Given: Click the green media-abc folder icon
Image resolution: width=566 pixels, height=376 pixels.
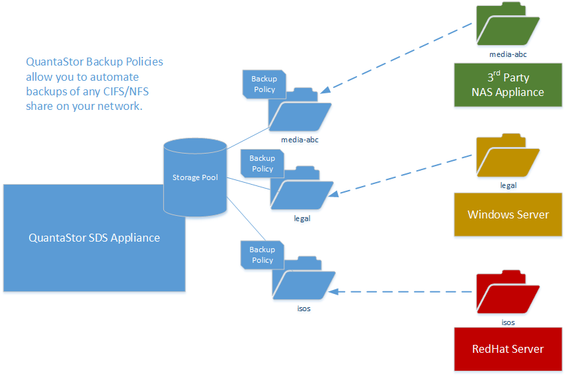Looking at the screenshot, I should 507,25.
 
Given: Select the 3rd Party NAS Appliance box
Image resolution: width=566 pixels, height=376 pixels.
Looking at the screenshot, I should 507,85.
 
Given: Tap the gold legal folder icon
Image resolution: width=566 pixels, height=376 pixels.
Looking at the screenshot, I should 507,157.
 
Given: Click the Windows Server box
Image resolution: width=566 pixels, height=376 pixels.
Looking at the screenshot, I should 507,214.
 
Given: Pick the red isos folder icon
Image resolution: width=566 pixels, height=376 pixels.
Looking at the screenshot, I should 507,293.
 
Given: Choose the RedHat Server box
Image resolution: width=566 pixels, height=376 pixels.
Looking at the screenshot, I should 507,348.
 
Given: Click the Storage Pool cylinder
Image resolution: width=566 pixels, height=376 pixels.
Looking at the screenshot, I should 194,177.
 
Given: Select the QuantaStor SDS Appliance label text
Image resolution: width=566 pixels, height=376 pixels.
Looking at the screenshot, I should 94,238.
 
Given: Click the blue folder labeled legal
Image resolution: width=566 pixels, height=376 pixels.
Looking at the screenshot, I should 301,189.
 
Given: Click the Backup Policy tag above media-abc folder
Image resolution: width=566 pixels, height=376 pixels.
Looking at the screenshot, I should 264,84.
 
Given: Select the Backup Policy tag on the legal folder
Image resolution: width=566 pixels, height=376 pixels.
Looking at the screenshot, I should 262,164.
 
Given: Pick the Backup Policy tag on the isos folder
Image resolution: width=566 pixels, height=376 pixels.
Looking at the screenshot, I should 262,255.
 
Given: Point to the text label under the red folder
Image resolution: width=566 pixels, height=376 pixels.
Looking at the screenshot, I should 507,323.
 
